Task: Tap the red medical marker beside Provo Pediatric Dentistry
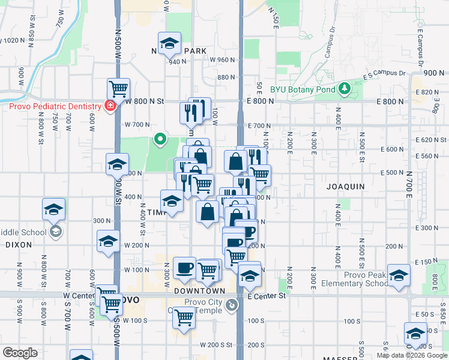110,106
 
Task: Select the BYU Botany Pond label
302,89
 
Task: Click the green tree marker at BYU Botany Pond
344,89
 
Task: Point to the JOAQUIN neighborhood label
345,187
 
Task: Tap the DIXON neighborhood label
19,245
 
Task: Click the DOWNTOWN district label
199,290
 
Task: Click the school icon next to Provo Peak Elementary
397,275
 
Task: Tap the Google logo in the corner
20,353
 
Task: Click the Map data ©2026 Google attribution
411,355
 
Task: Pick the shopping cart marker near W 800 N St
119,89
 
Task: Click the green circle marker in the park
160,140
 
